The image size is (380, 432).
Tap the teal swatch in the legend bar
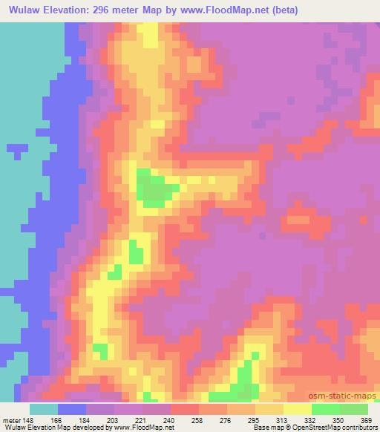coord(44,409)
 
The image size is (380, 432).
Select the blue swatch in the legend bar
coord(72,409)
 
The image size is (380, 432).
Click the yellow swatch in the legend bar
coord(297,409)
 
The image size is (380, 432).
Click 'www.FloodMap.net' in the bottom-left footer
coord(144,428)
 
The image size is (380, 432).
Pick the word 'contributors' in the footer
coord(358,428)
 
